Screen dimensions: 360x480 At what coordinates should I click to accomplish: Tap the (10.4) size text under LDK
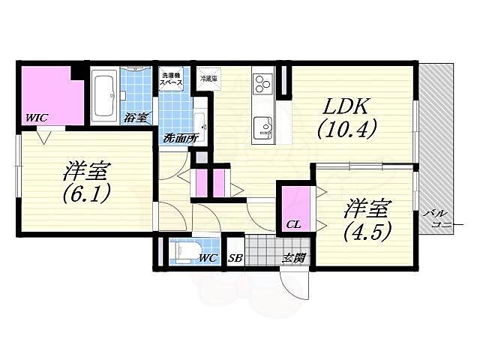(346, 130)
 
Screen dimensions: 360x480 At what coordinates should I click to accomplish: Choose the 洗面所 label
(180, 138)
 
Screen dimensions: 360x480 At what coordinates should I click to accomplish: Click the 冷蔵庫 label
(208, 78)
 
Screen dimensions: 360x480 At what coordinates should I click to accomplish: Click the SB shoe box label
(235, 259)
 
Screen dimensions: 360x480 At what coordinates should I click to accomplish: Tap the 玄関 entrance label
(292, 259)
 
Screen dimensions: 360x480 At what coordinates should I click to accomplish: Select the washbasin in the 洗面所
(199, 121)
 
